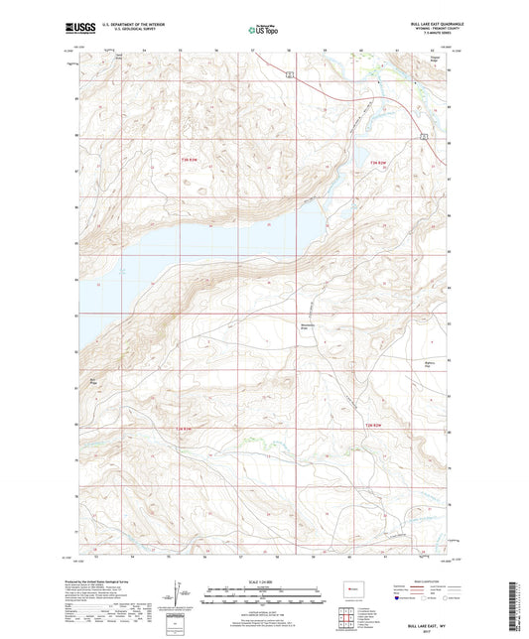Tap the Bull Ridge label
[94, 380]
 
